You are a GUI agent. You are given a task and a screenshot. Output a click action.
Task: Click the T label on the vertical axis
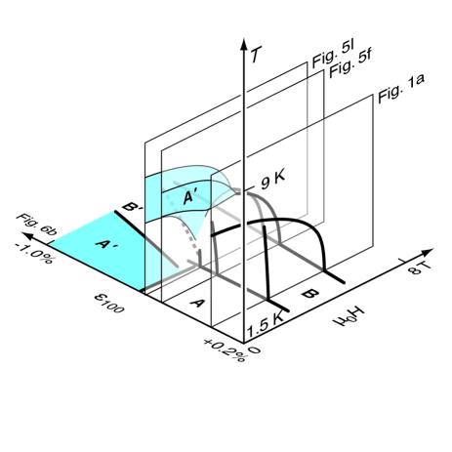[x=256, y=54]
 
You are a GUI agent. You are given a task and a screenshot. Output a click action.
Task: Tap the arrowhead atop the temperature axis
[x=244, y=44]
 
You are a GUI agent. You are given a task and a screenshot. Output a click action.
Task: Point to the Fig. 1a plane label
[x=401, y=89]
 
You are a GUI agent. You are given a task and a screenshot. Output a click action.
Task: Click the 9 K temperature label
[x=272, y=180]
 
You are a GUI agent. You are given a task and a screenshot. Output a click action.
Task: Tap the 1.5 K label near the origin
[x=266, y=325]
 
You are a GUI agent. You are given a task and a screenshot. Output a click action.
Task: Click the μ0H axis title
[x=348, y=316]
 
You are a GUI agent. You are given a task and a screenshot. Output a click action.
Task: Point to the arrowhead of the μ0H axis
[x=428, y=252]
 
